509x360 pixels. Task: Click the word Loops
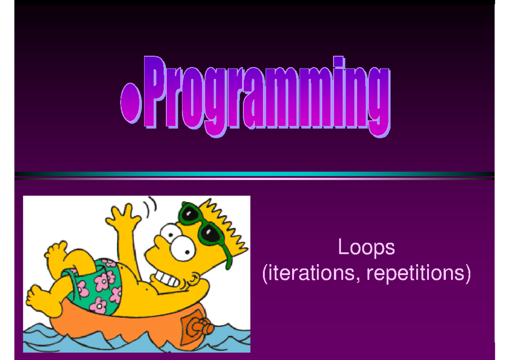pos(366,247)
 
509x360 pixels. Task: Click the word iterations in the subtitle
pos(310,273)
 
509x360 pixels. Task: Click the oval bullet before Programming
pos(131,103)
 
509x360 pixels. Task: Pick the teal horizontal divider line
pos(255,174)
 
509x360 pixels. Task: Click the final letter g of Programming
pos(378,102)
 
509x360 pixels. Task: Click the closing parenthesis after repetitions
pos(467,274)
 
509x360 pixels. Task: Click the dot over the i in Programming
pos(338,62)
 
